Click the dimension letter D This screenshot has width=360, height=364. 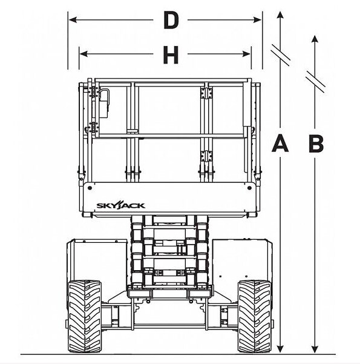171,20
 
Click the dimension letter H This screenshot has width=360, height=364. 171,55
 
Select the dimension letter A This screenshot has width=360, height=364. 280,144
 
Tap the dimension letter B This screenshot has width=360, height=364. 316,144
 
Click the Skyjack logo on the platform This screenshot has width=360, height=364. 120,205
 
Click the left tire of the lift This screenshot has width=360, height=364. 85,316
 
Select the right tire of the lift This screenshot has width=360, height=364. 255,316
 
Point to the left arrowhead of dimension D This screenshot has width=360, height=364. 73,20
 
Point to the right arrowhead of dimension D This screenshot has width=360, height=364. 257,20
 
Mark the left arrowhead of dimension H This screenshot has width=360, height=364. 83,54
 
